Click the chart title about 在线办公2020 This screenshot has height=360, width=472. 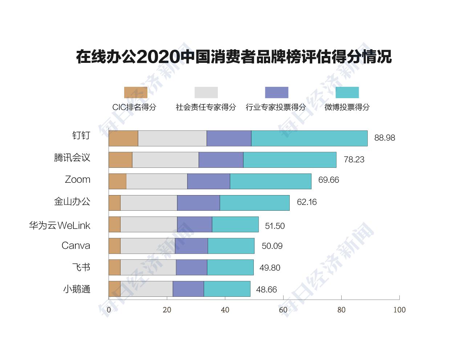coord(234,57)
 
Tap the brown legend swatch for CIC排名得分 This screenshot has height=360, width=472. coord(135,93)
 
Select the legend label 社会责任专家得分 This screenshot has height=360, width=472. coord(206,107)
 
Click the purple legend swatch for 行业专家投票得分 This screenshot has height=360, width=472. coord(276,93)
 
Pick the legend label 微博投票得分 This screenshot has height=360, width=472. coord(347,107)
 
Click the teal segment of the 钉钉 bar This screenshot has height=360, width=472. coord(309,138)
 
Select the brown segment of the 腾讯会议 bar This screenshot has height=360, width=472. coord(120,160)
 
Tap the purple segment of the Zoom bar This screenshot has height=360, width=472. coord(208,181)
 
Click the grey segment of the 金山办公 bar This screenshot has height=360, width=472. coord(148,203)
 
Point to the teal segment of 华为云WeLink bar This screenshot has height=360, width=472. coord(235,225)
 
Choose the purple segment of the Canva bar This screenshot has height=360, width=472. coord(191,246)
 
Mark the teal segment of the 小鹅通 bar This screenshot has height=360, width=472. coord(227,289)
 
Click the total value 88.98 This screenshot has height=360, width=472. coord(384,138)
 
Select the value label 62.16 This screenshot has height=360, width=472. coord(306,202)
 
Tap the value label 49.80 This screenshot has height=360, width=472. coord(270,268)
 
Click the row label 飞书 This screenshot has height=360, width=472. coord(81,267)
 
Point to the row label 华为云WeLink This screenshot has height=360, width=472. coord(60,226)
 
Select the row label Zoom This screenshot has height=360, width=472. coord(77,179)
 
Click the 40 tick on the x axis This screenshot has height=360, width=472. coord(225,310)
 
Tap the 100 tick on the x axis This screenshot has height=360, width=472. coord(399,310)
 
